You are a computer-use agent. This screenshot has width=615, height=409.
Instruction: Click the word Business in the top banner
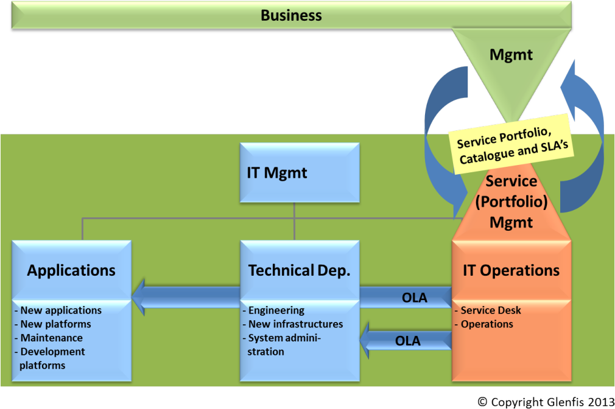(x=291, y=15)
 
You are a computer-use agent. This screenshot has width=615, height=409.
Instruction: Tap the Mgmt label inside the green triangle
(x=511, y=55)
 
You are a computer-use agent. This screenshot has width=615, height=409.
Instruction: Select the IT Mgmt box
(x=277, y=172)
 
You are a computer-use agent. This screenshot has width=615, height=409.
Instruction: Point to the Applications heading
(x=71, y=270)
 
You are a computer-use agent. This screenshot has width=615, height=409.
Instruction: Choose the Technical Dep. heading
(x=299, y=270)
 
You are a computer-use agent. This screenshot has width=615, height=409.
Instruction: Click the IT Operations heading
(x=511, y=270)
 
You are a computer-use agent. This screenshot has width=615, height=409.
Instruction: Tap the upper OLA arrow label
(x=415, y=298)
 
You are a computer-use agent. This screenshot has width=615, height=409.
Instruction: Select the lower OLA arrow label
(x=408, y=341)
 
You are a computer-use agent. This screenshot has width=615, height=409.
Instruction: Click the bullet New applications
(x=58, y=310)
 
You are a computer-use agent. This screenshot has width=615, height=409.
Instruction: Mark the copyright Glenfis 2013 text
(x=545, y=402)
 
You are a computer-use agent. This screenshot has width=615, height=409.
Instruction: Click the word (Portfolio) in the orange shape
(x=511, y=201)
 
